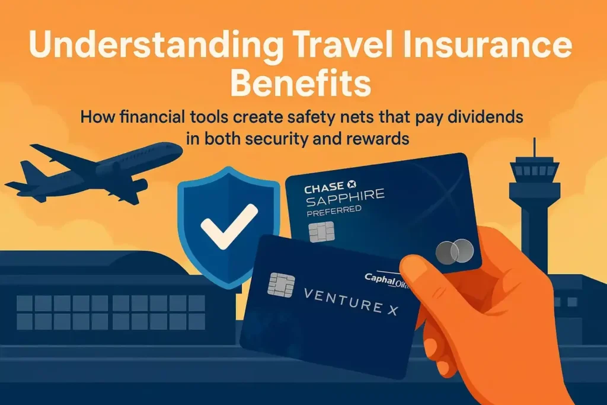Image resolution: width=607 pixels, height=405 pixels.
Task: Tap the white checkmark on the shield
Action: click(x=228, y=225)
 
